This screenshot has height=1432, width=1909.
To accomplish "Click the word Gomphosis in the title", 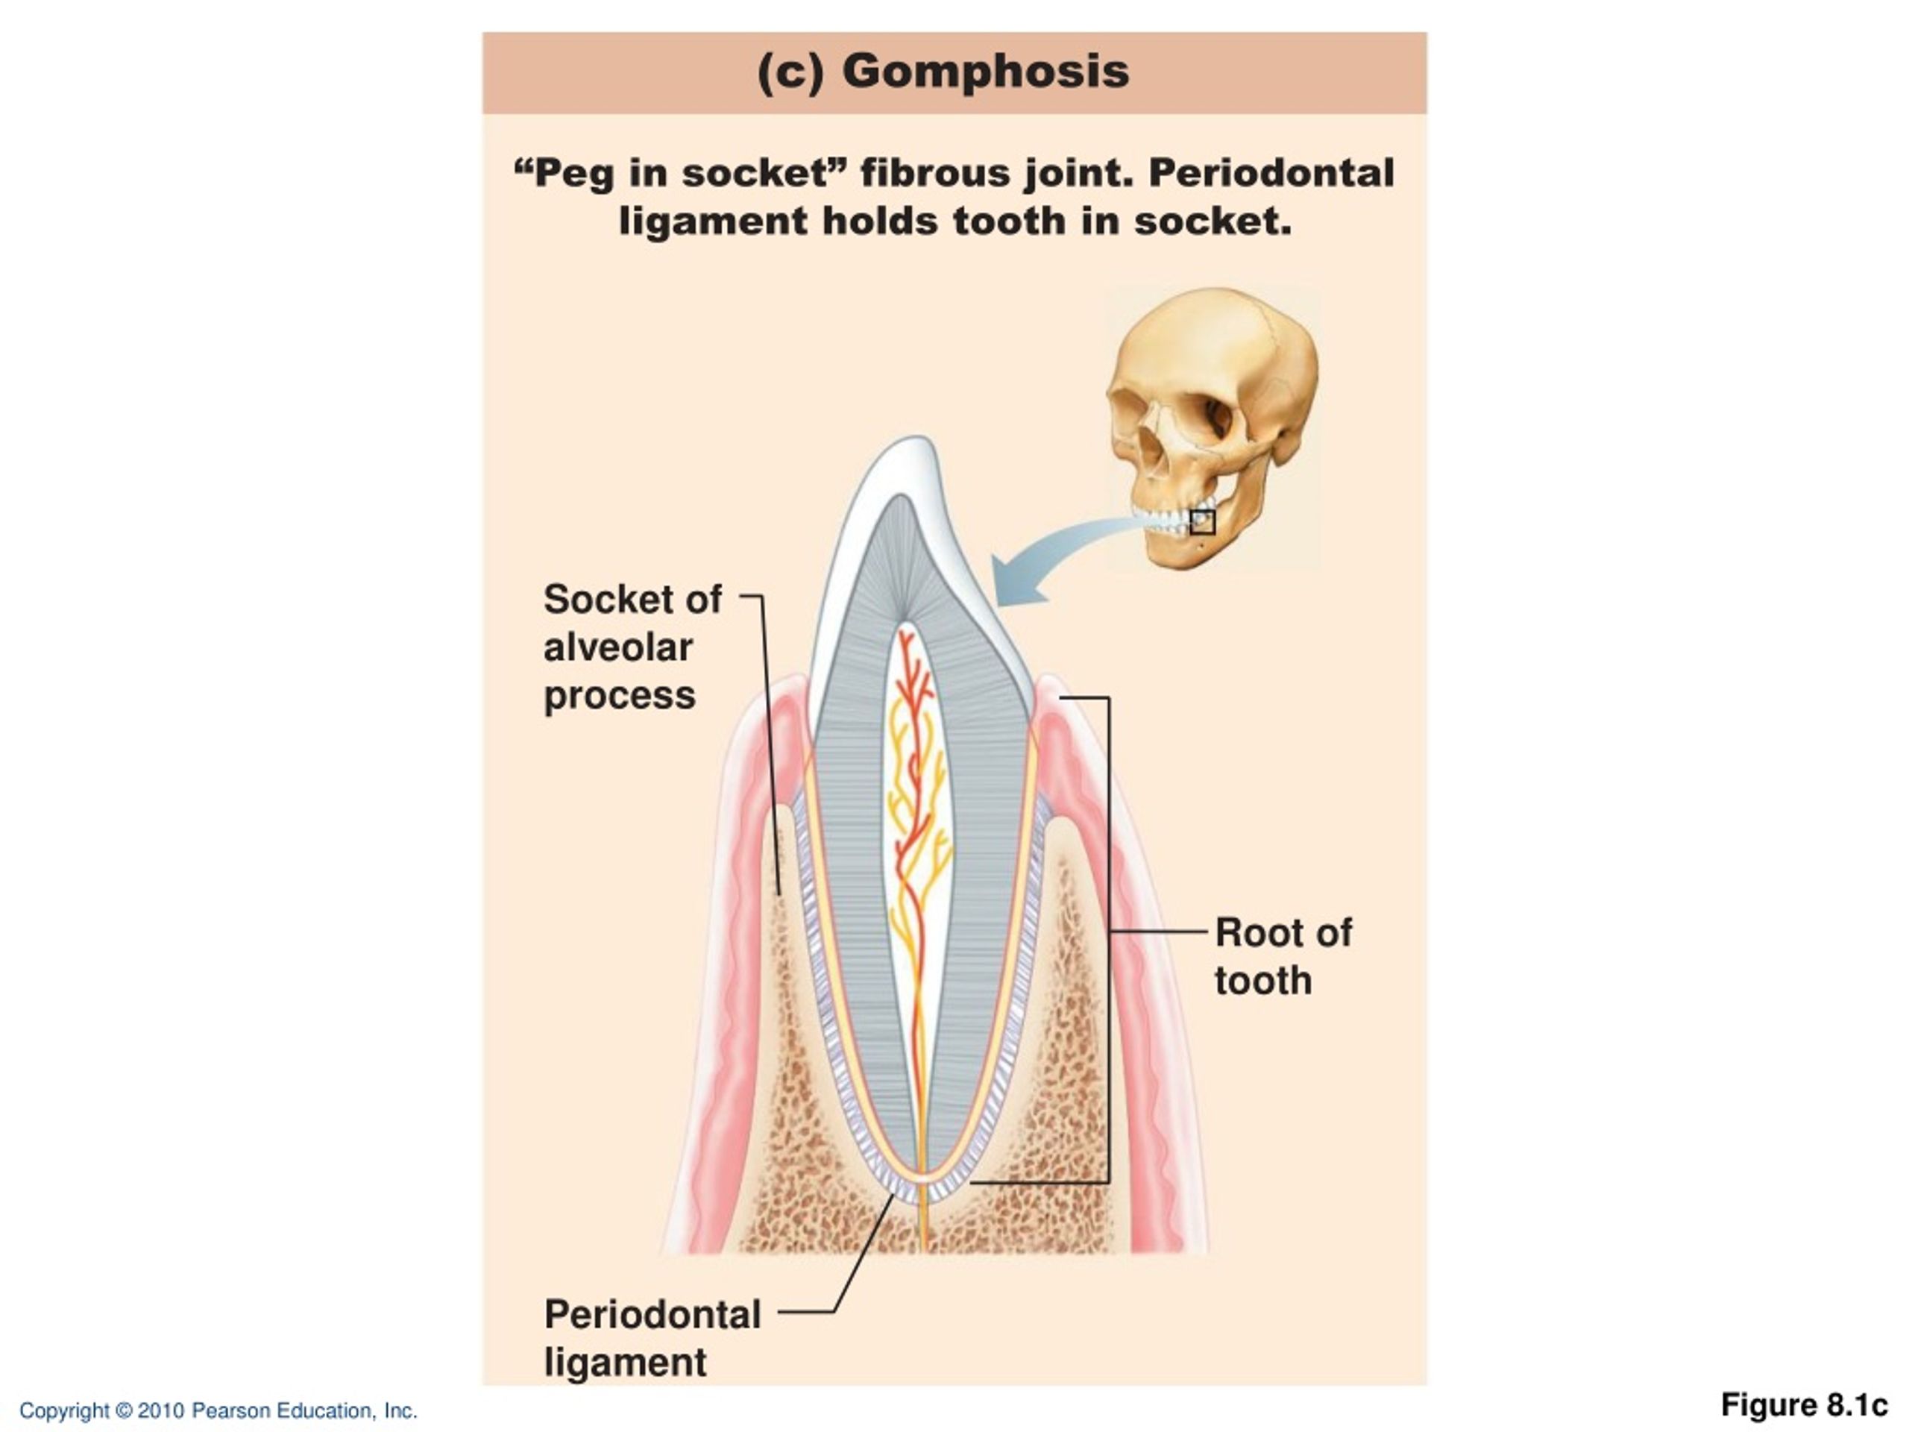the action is pyautogui.click(x=986, y=71).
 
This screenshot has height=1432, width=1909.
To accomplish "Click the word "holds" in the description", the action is pyautogui.click(x=880, y=222).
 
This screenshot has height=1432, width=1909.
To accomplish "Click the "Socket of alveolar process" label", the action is pyautogui.click(x=632, y=647).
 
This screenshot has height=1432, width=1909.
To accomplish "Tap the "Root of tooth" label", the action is pyautogui.click(x=1283, y=956).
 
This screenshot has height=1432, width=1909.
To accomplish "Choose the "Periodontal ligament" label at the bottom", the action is pyautogui.click(x=652, y=1339).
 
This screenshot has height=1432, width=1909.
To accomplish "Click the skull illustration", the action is pyautogui.click(x=1213, y=428).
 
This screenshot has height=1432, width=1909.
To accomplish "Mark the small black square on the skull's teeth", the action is pyautogui.click(x=1203, y=522).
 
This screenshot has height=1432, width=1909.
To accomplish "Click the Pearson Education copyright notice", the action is pyautogui.click(x=218, y=1410).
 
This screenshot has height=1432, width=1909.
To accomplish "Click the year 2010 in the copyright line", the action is pyautogui.click(x=161, y=1410).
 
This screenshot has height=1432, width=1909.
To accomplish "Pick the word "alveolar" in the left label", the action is pyautogui.click(x=618, y=647).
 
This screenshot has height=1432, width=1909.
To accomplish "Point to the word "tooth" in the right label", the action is pyautogui.click(x=1263, y=981).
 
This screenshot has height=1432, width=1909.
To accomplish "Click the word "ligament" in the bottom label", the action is pyautogui.click(x=626, y=1363).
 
